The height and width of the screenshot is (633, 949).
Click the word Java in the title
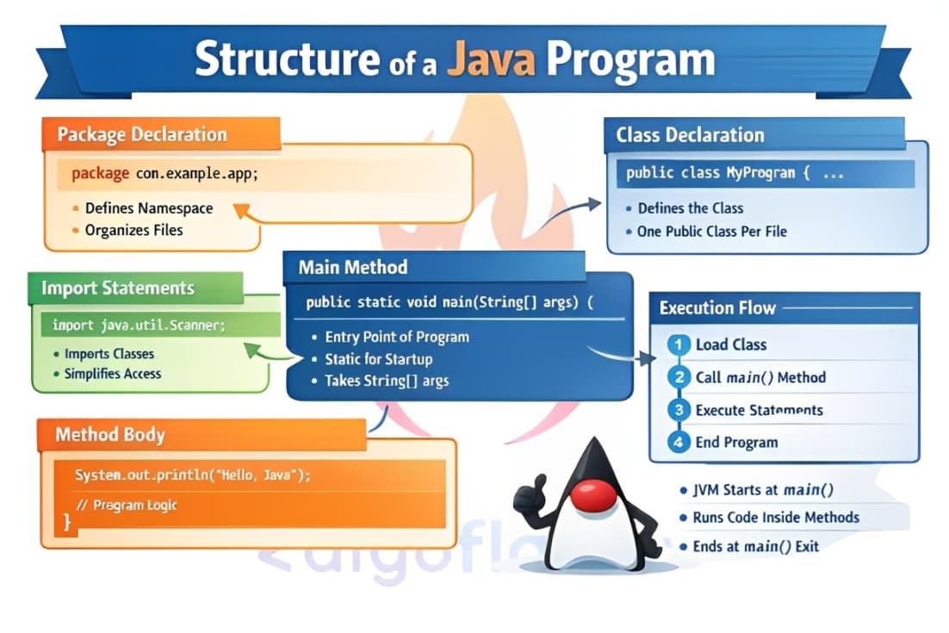coord(493,59)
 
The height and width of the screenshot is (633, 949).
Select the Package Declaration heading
coord(142,135)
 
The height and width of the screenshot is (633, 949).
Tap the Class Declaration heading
coord(690,135)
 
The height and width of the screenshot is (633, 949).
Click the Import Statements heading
coord(118,288)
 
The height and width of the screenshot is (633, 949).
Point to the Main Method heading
coord(353,267)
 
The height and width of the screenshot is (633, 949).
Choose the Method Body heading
coord(109,434)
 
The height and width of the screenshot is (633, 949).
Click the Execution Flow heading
coord(717,307)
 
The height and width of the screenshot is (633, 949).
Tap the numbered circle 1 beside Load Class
coord(679,344)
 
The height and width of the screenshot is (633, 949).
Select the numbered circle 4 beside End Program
coord(679,443)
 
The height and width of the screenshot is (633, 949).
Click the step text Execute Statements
coord(759,410)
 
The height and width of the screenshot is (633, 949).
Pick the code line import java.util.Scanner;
coord(139,326)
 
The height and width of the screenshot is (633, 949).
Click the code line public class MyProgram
coord(717,173)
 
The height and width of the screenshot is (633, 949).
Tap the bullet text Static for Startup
coord(378,359)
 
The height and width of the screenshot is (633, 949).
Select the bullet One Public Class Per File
coord(711,231)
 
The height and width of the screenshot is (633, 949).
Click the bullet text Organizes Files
coord(133,230)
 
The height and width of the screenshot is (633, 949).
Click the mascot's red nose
coord(594,494)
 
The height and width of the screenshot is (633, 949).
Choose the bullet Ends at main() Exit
coord(755,546)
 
